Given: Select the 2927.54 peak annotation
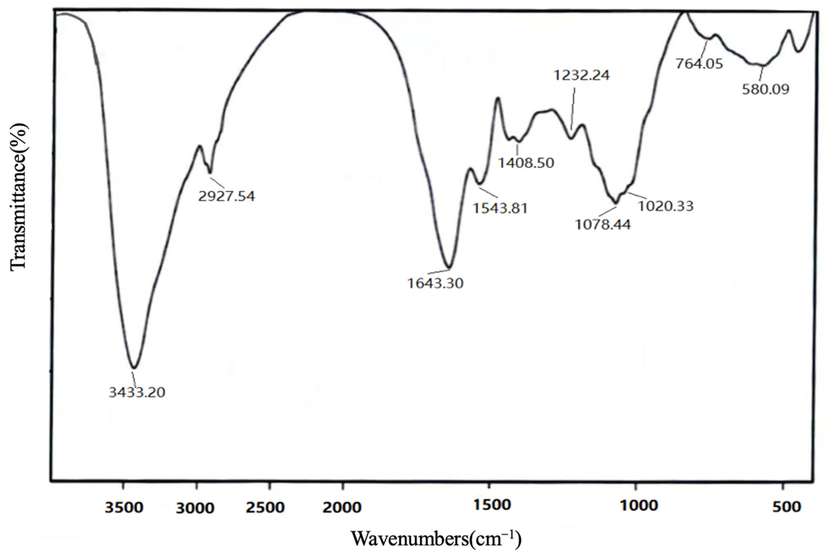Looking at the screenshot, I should (x=226, y=196).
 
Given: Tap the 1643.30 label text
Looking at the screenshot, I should (x=435, y=283).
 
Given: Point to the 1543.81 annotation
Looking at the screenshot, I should (x=500, y=208).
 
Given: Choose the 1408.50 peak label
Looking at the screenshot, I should (x=526, y=163).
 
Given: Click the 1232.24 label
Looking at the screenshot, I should (x=582, y=75).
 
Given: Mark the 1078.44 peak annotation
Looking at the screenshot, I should (x=603, y=224).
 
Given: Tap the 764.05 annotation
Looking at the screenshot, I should (x=699, y=64).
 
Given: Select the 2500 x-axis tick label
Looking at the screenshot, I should (x=265, y=507).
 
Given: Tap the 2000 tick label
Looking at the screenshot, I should (x=342, y=507).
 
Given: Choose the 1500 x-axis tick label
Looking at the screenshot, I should (x=491, y=505).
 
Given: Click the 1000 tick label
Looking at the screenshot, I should (x=639, y=506).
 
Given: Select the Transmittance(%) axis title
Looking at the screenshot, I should (x=18, y=198).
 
